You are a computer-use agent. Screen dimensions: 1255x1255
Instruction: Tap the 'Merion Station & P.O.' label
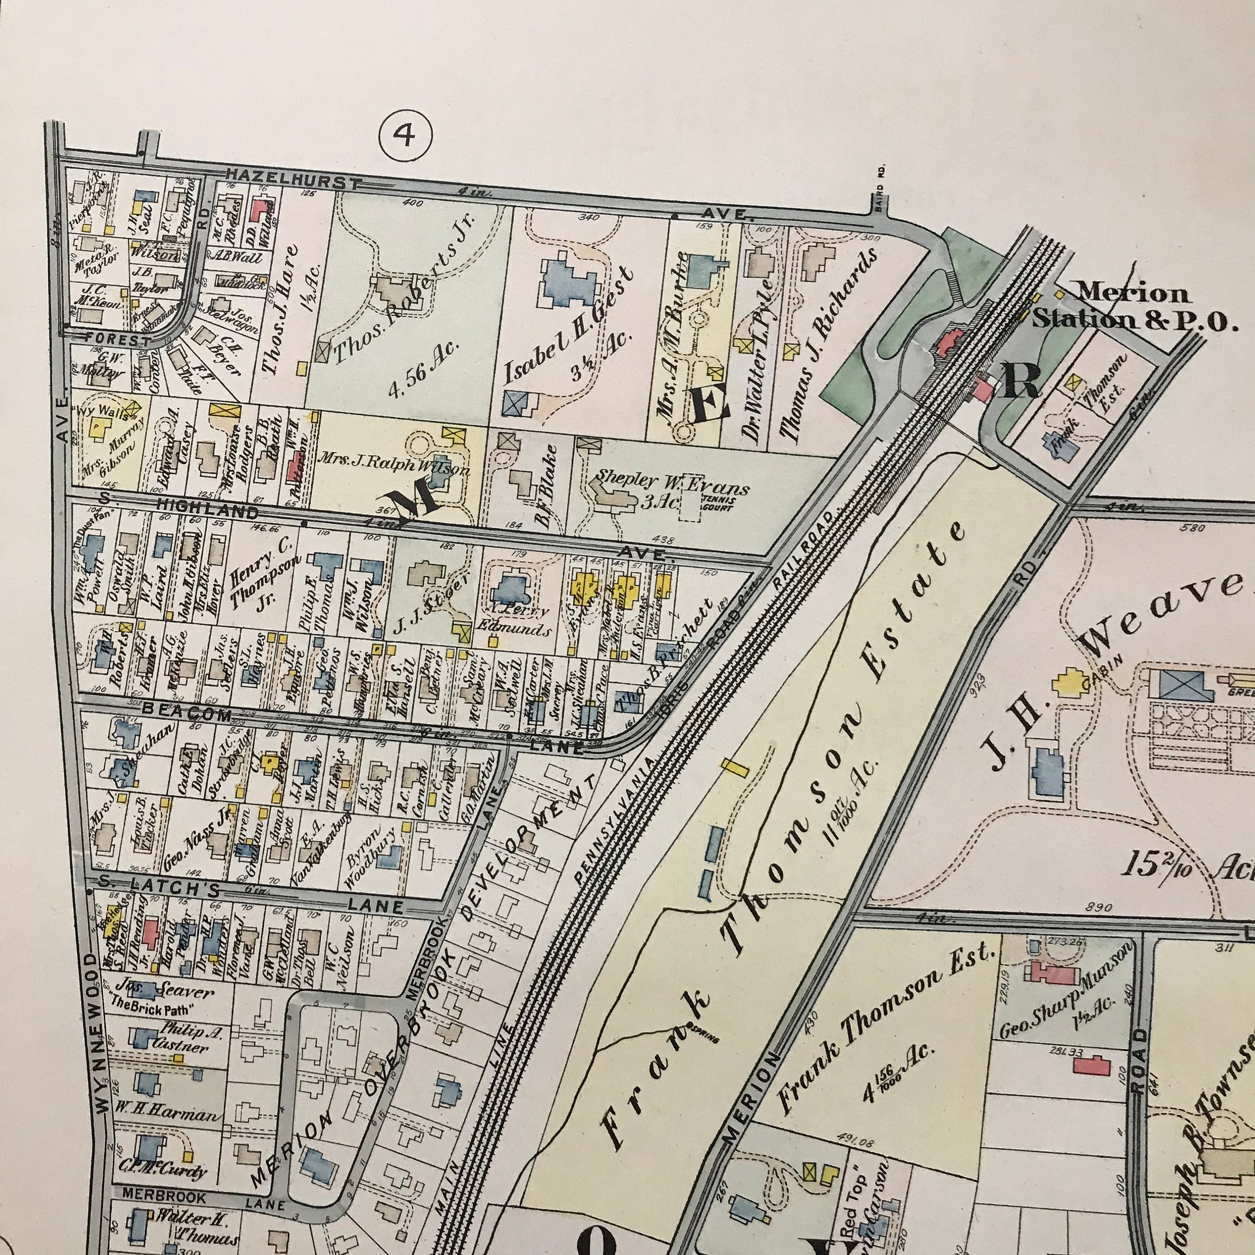click(x=1134, y=307)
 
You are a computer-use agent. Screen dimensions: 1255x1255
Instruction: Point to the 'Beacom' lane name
click(x=187, y=712)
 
